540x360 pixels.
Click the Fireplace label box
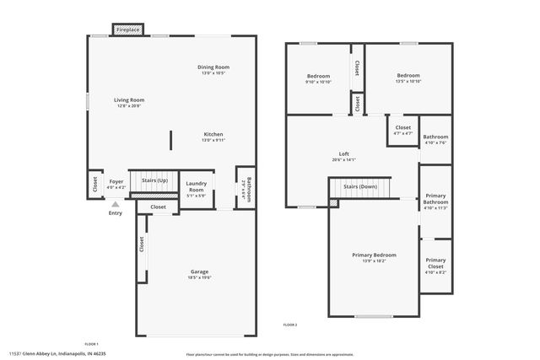[x=128, y=30]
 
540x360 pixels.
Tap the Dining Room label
[x=213, y=67]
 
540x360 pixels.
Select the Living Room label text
[x=129, y=99]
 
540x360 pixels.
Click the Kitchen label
[x=213, y=135]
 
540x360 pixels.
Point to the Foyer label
[x=116, y=180]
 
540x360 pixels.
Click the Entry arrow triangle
[x=116, y=204]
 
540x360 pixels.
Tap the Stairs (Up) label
[x=154, y=180]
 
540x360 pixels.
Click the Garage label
[x=199, y=271]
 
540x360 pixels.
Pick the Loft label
[x=343, y=153]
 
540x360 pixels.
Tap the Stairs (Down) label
[x=360, y=185]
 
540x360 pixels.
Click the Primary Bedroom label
[x=374, y=255]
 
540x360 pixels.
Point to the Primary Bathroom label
[x=435, y=199]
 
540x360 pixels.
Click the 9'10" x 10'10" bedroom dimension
[x=318, y=82]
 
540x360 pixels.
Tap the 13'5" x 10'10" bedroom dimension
[x=408, y=82]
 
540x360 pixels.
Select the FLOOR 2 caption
[x=289, y=325]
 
